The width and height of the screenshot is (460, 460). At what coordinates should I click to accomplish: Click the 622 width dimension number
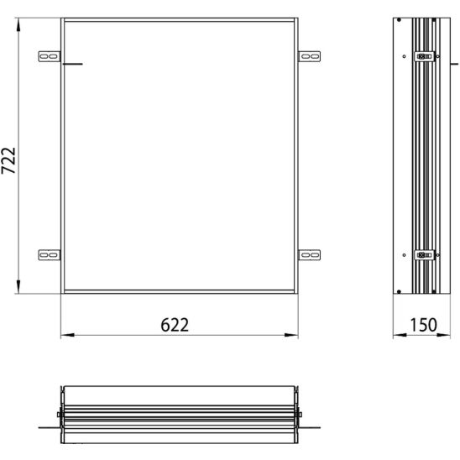(x=175, y=325)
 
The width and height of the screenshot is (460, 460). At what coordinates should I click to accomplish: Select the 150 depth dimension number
(x=422, y=325)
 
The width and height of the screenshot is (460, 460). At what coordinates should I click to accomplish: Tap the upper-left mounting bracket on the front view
(x=50, y=56)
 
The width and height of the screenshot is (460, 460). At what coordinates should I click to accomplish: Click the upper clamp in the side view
(x=423, y=57)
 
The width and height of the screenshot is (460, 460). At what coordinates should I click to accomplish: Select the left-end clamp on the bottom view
(x=60, y=414)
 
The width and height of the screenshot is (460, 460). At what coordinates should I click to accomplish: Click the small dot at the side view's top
(x=400, y=19)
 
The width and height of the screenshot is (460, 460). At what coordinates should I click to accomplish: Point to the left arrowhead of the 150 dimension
(x=399, y=337)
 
